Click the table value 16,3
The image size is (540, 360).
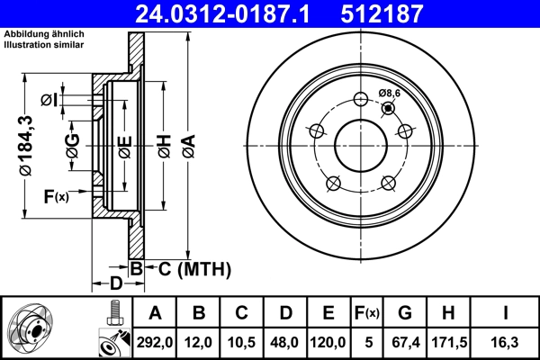(507, 342)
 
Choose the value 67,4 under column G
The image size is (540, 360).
(405, 342)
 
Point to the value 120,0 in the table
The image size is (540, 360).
(328, 342)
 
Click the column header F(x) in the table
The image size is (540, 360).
(367, 313)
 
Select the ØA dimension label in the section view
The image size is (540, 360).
(188, 144)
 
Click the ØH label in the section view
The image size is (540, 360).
(164, 144)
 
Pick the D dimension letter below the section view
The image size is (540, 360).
(115, 283)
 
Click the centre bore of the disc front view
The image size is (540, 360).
(360, 144)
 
